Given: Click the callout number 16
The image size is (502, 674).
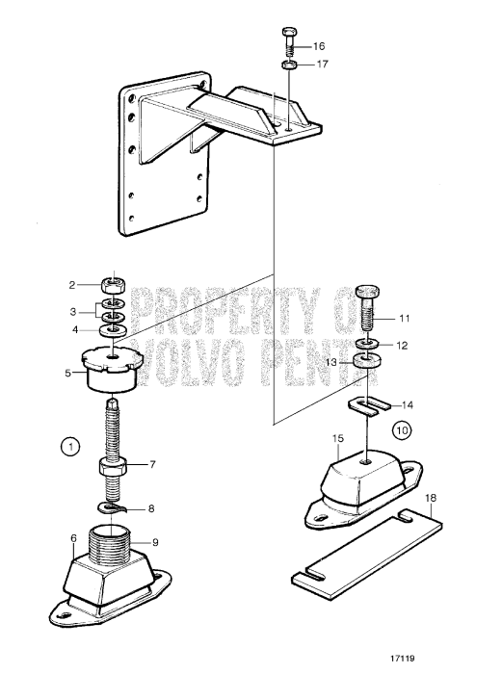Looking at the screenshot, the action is coord(319,46).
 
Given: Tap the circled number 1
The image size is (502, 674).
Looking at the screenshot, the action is coord(68,446).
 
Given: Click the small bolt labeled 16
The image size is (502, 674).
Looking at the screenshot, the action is coord(289,43).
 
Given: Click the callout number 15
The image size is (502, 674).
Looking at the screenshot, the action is coord(338,439).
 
